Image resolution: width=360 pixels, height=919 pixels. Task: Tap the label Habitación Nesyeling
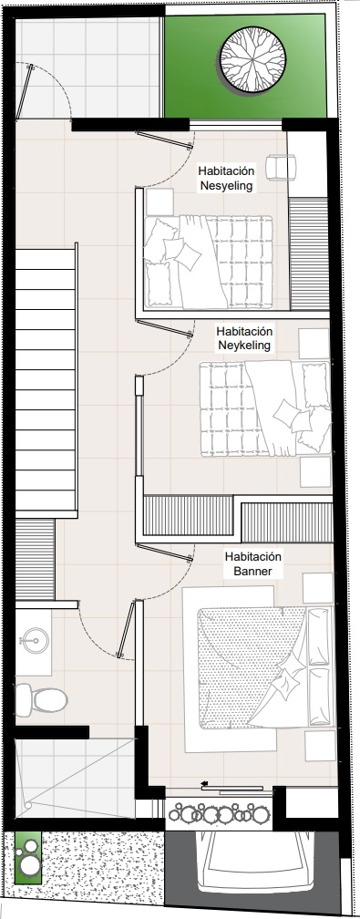tap(226, 179)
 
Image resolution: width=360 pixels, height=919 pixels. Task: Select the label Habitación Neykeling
tap(244, 338)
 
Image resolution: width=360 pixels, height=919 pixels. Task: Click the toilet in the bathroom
tap(41, 698)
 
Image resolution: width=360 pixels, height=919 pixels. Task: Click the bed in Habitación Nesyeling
tap(209, 262)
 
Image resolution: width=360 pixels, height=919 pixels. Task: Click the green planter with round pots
tap(27, 857)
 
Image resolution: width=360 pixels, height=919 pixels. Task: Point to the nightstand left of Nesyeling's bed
tap(159, 201)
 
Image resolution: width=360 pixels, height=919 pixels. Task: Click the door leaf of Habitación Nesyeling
tap(165, 138)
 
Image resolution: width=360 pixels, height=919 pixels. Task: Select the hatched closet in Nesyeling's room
tap(308, 253)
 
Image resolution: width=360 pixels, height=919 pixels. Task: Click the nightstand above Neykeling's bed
tap(314, 344)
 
